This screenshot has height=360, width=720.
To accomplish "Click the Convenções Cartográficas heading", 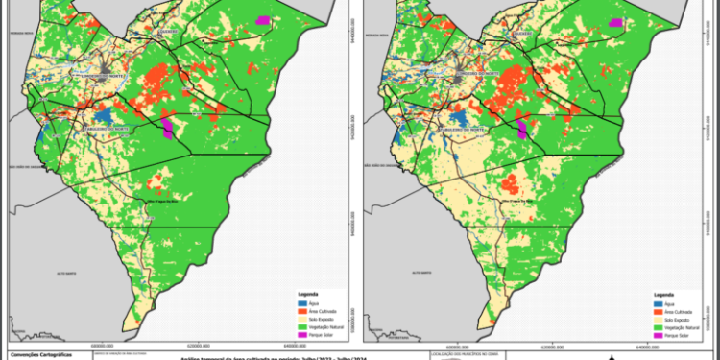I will (x=42, y=353).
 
